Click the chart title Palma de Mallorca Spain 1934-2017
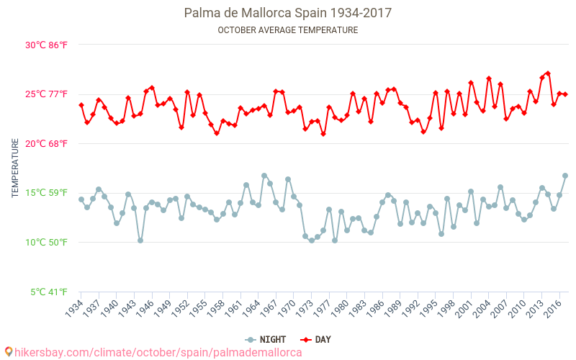point(288,13)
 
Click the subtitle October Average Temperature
point(288,30)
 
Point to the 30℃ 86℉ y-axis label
point(47,45)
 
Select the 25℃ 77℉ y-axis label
point(47,94)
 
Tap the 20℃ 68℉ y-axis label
point(47,143)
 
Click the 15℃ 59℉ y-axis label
point(47,192)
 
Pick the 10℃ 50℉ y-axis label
point(47,242)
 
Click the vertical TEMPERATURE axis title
point(15,168)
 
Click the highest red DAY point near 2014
point(548,73)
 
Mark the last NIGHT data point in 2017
point(565,176)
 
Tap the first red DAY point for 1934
point(81,105)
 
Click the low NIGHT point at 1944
point(140,240)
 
